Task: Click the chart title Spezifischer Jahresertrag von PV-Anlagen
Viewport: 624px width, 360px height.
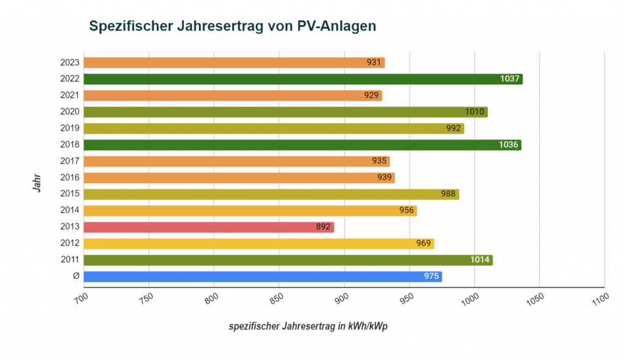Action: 233,26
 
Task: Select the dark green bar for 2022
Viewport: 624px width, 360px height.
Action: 303,79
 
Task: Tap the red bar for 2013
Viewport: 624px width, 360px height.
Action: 208,227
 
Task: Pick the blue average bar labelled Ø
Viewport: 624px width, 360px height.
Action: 262,277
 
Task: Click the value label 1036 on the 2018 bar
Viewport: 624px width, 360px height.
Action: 508,145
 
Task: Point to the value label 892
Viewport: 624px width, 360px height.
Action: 324,227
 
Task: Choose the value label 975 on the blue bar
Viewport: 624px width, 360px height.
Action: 431,277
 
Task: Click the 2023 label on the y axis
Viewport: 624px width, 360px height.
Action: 70,63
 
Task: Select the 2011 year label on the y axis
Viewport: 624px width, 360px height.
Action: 70,260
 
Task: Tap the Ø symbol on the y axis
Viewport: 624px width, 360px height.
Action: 76,277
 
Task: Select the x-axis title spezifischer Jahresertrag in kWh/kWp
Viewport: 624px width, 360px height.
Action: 308,326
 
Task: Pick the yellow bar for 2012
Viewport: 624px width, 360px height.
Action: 258,244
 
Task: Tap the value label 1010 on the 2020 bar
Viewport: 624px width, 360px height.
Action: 475,112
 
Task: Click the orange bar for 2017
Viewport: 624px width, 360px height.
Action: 236,161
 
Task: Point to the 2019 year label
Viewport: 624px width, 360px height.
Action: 70,129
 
